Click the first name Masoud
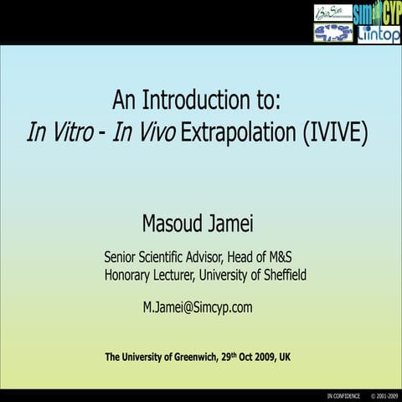(x=173, y=224)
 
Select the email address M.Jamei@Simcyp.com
(x=198, y=307)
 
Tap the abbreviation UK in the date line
(x=285, y=358)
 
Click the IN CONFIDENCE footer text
(x=343, y=394)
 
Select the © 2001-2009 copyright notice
(x=383, y=394)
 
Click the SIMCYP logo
(x=377, y=13)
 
